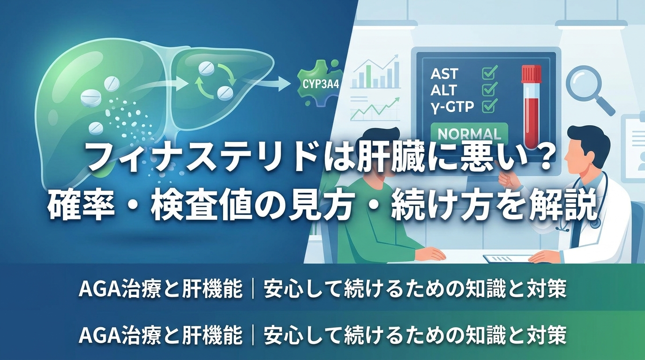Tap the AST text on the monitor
point(444,74)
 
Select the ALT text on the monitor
point(444,90)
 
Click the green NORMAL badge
point(469,134)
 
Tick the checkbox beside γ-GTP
point(489,105)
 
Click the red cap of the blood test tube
point(532,74)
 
